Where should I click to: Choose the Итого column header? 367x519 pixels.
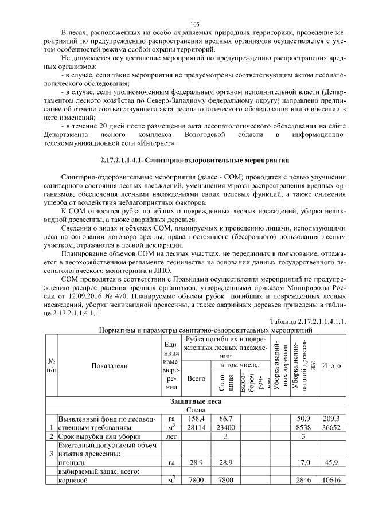[x=332, y=365]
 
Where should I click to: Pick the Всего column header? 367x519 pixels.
[x=196, y=380]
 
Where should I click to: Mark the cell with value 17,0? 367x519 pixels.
[x=303, y=461]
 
